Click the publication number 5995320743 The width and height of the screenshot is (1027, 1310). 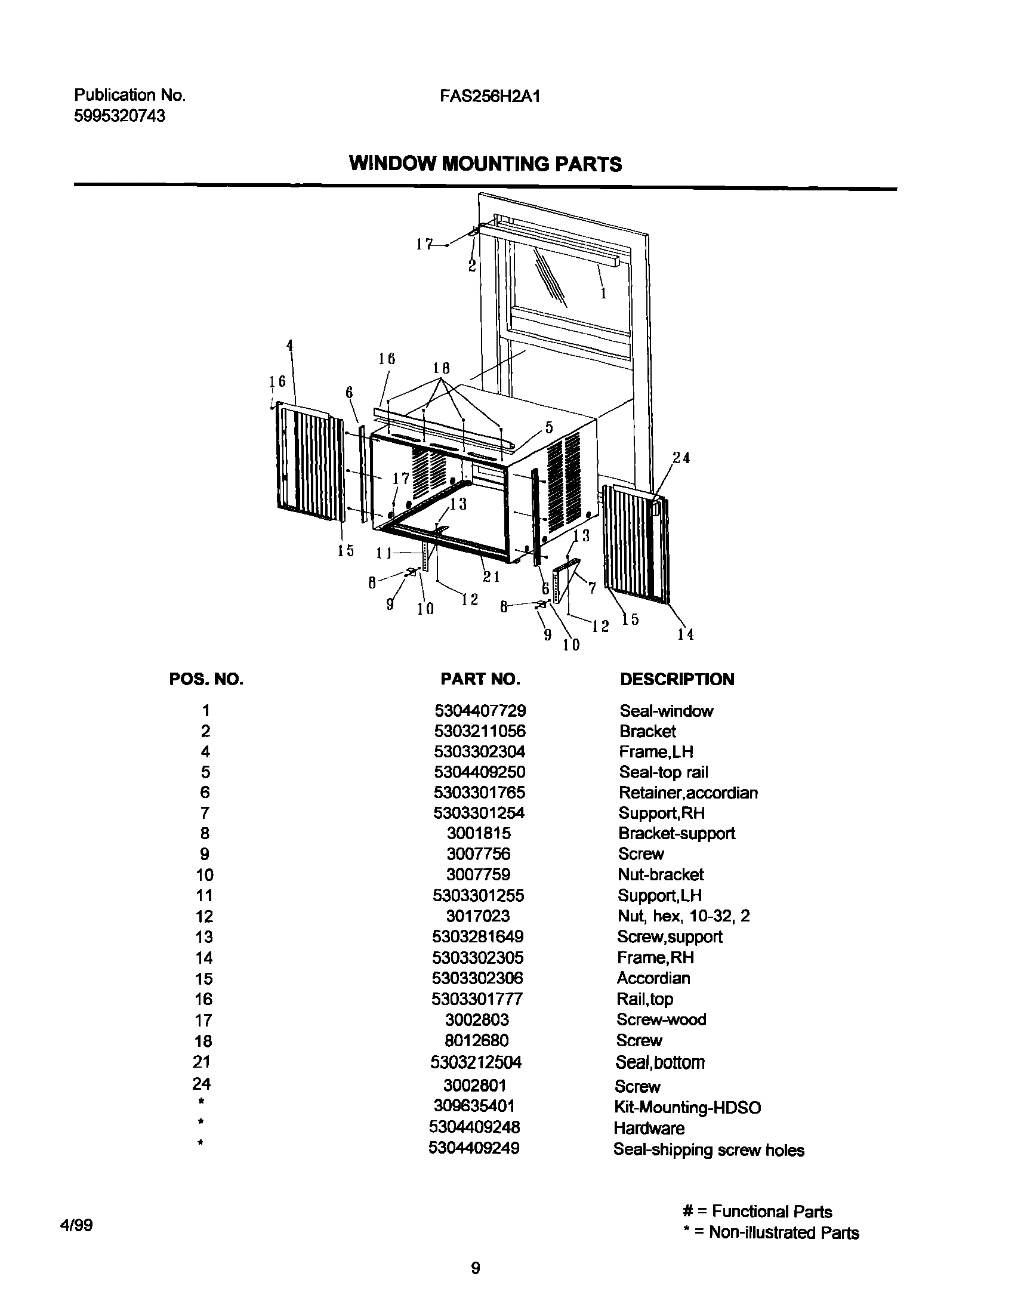click(119, 116)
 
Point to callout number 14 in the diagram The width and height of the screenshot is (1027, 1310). click(686, 634)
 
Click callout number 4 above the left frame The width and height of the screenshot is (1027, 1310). click(290, 345)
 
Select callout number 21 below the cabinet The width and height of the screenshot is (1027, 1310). click(492, 577)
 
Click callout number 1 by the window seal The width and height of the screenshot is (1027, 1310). click(603, 294)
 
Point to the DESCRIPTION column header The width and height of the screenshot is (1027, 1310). click(677, 679)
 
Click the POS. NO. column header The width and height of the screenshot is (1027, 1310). click(206, 679)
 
